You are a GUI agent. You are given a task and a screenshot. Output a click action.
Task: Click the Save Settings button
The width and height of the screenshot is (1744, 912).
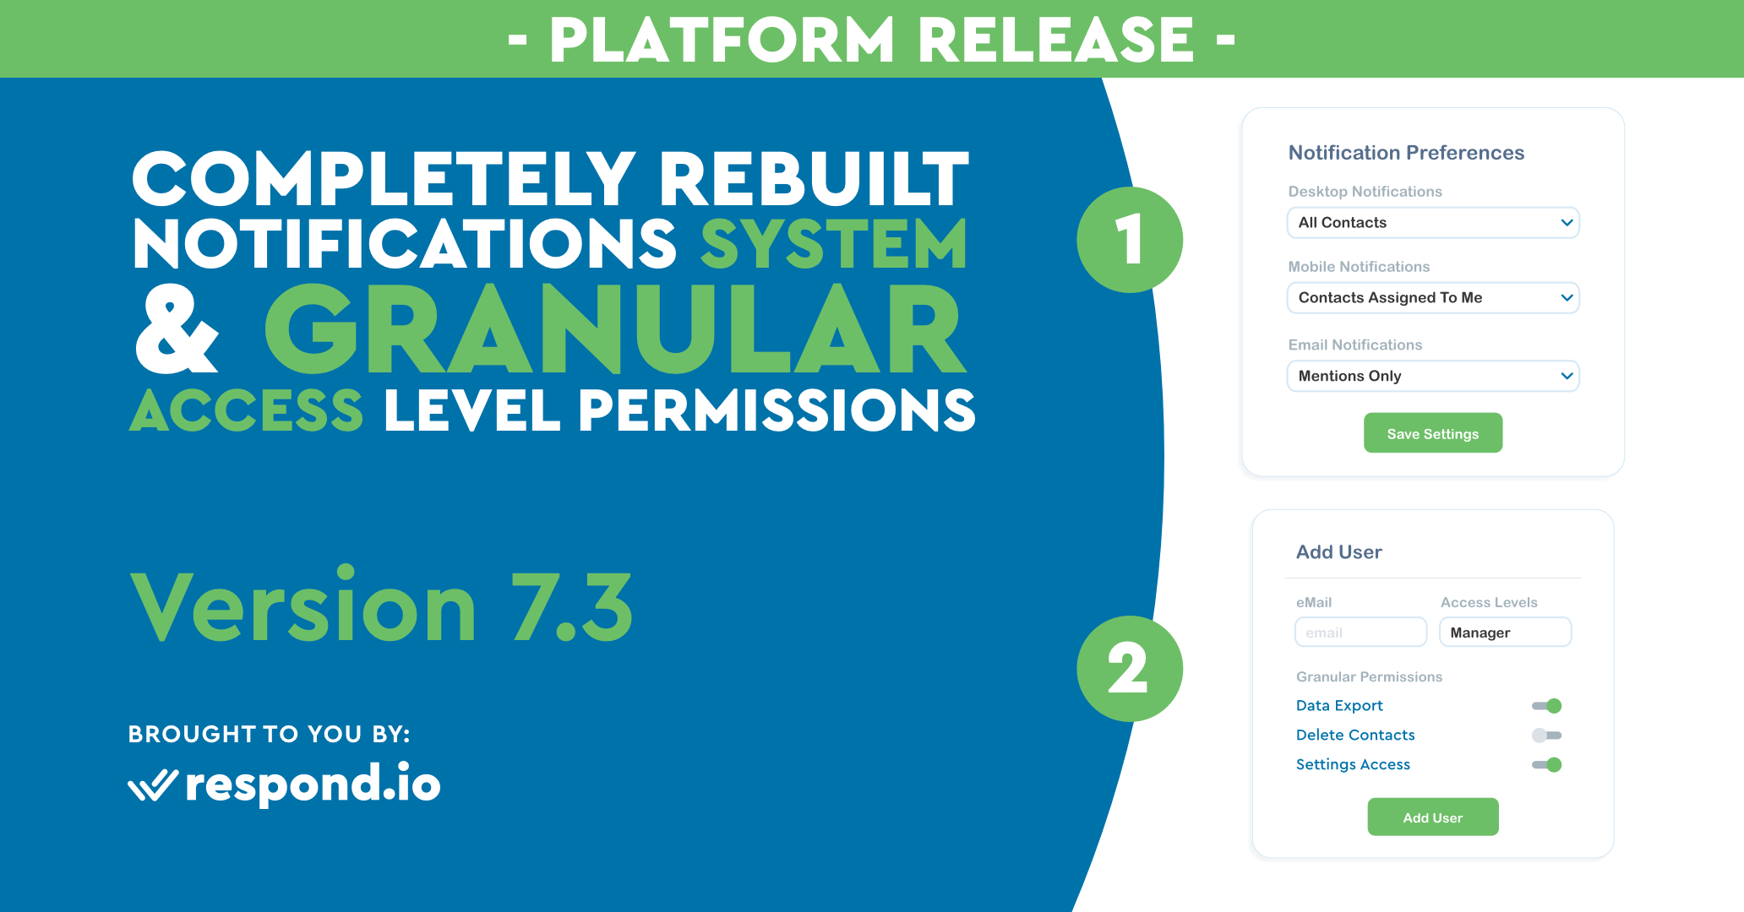1433,433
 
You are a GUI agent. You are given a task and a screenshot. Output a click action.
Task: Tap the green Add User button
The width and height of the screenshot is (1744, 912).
1433,817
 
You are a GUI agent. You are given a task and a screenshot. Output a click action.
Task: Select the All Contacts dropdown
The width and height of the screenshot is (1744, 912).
1433,223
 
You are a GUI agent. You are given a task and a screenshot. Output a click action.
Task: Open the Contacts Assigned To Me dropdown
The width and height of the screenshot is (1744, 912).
1433,297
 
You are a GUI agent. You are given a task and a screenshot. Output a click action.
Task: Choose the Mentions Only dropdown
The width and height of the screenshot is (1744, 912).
1433,376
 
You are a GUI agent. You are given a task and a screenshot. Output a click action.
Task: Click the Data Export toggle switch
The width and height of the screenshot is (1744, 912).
1547,706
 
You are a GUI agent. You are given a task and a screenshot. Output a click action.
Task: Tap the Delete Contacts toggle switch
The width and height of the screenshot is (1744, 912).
1547,736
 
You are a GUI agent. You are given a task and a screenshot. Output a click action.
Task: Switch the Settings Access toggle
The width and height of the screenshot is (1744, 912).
1547,765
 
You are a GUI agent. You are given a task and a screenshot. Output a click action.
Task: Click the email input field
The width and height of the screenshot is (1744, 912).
1360,632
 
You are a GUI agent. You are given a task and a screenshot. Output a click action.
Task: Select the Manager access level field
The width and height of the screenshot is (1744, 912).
1505,632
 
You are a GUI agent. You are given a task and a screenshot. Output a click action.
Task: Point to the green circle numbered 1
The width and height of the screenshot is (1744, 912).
1130,240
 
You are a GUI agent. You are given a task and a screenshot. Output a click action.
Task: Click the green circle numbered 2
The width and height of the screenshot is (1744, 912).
1130,669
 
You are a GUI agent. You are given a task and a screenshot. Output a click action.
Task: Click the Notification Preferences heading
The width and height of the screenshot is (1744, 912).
1406,153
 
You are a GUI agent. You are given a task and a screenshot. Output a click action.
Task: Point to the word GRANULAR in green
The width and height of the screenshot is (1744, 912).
615,330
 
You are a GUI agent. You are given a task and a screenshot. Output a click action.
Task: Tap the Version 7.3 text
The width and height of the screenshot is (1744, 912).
381,605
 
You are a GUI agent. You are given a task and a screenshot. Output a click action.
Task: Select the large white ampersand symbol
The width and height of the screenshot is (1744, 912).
177,328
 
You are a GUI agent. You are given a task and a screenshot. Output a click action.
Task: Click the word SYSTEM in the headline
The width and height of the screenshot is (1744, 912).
834,244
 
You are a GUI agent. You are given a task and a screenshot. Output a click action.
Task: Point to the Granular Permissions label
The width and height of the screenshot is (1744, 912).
1369,677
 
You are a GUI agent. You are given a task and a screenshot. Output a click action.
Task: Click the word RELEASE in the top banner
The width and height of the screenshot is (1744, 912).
1055,40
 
